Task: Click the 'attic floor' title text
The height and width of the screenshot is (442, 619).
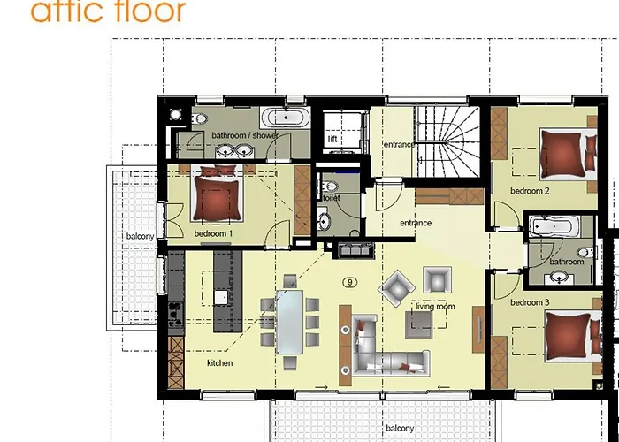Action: pos(108,11)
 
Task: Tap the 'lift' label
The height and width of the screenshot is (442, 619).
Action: pos(332,140)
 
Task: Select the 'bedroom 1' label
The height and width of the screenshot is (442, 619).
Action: pos(213,233)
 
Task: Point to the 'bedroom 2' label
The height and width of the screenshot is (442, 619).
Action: pos(530,191)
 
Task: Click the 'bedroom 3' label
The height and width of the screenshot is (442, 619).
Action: pos(530,302)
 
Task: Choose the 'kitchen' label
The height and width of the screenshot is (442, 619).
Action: pos(219,363)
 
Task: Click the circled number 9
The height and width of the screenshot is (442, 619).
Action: pos(351,282)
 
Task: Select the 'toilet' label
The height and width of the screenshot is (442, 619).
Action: pos(332,198)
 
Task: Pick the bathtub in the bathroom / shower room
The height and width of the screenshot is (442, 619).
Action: pos(283,118)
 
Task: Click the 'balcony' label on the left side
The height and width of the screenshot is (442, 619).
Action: pos(140,236)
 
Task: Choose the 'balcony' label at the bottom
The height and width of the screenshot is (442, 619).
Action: pos(399,429)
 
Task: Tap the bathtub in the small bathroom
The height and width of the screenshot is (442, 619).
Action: pos(552,226)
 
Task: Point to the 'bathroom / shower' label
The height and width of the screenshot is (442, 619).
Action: pos(243,135)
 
